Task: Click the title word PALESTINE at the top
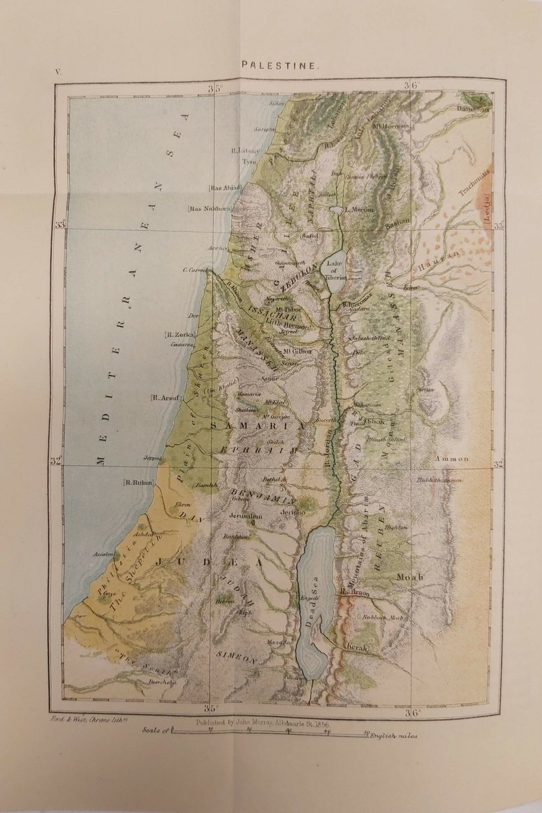270,65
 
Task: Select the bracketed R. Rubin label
138,483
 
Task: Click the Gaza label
109,593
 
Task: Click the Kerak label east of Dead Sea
356,646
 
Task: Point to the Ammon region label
451,459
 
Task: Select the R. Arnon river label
355,593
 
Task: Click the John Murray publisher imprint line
272,723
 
